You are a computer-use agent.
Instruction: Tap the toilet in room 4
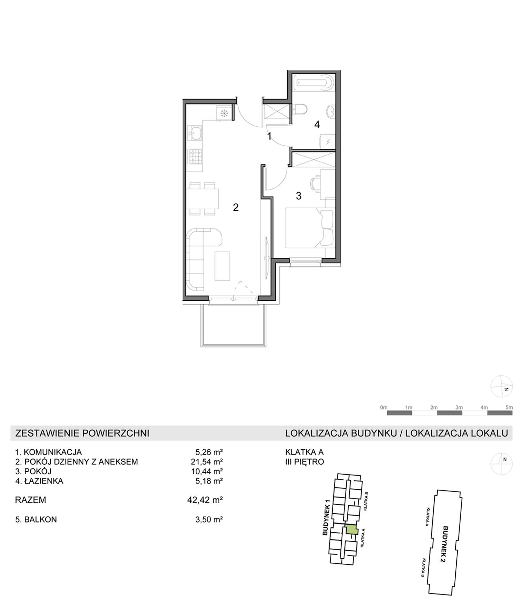coord(300,110)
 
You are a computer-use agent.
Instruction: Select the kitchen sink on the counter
coord(195,133)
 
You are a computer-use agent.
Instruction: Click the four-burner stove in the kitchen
coord(195,156)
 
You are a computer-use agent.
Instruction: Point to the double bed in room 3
coord(310,228)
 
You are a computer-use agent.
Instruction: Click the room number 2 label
coord(236,208)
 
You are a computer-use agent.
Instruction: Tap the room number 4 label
coord(317,125)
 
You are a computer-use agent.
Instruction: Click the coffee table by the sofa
coord(222,266)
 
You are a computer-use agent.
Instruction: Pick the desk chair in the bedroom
coord(314,183)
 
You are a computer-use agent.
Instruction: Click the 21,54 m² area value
coord(209,462)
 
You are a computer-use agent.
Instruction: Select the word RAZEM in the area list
coord(31,500)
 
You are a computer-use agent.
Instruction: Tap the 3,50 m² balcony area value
coord(209,519)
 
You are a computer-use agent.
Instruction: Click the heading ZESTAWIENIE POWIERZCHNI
coord(82,433)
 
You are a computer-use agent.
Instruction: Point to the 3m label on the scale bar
coord(459,407)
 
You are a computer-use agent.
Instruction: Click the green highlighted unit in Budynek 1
coord(351,530)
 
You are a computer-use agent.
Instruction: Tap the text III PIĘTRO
coord(305,462)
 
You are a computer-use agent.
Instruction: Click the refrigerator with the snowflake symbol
coord(224,113)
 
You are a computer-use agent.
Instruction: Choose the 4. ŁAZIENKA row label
coord(39,481)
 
